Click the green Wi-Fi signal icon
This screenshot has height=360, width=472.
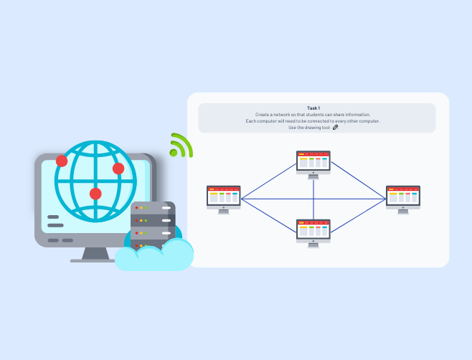pos(180,146)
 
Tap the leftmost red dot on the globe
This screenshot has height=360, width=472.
pos(62,161)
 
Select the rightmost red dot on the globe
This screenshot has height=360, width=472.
pos(118,169)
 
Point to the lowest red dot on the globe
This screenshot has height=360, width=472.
pos(95,194)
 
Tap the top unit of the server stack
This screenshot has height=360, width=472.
pos(153,209)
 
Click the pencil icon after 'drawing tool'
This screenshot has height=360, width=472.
pos(336,128)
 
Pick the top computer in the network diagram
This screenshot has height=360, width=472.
pos(313,161)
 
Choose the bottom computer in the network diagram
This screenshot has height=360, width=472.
pos(313,230)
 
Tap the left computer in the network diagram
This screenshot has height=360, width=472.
pos(224,196)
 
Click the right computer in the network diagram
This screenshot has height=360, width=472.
pos(403,196)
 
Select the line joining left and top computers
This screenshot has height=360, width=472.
pos(268,181)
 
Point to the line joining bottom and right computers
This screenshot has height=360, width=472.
pos(359,214)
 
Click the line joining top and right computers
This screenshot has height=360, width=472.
pos(359,181)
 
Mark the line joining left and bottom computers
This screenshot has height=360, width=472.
pos(268,214)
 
